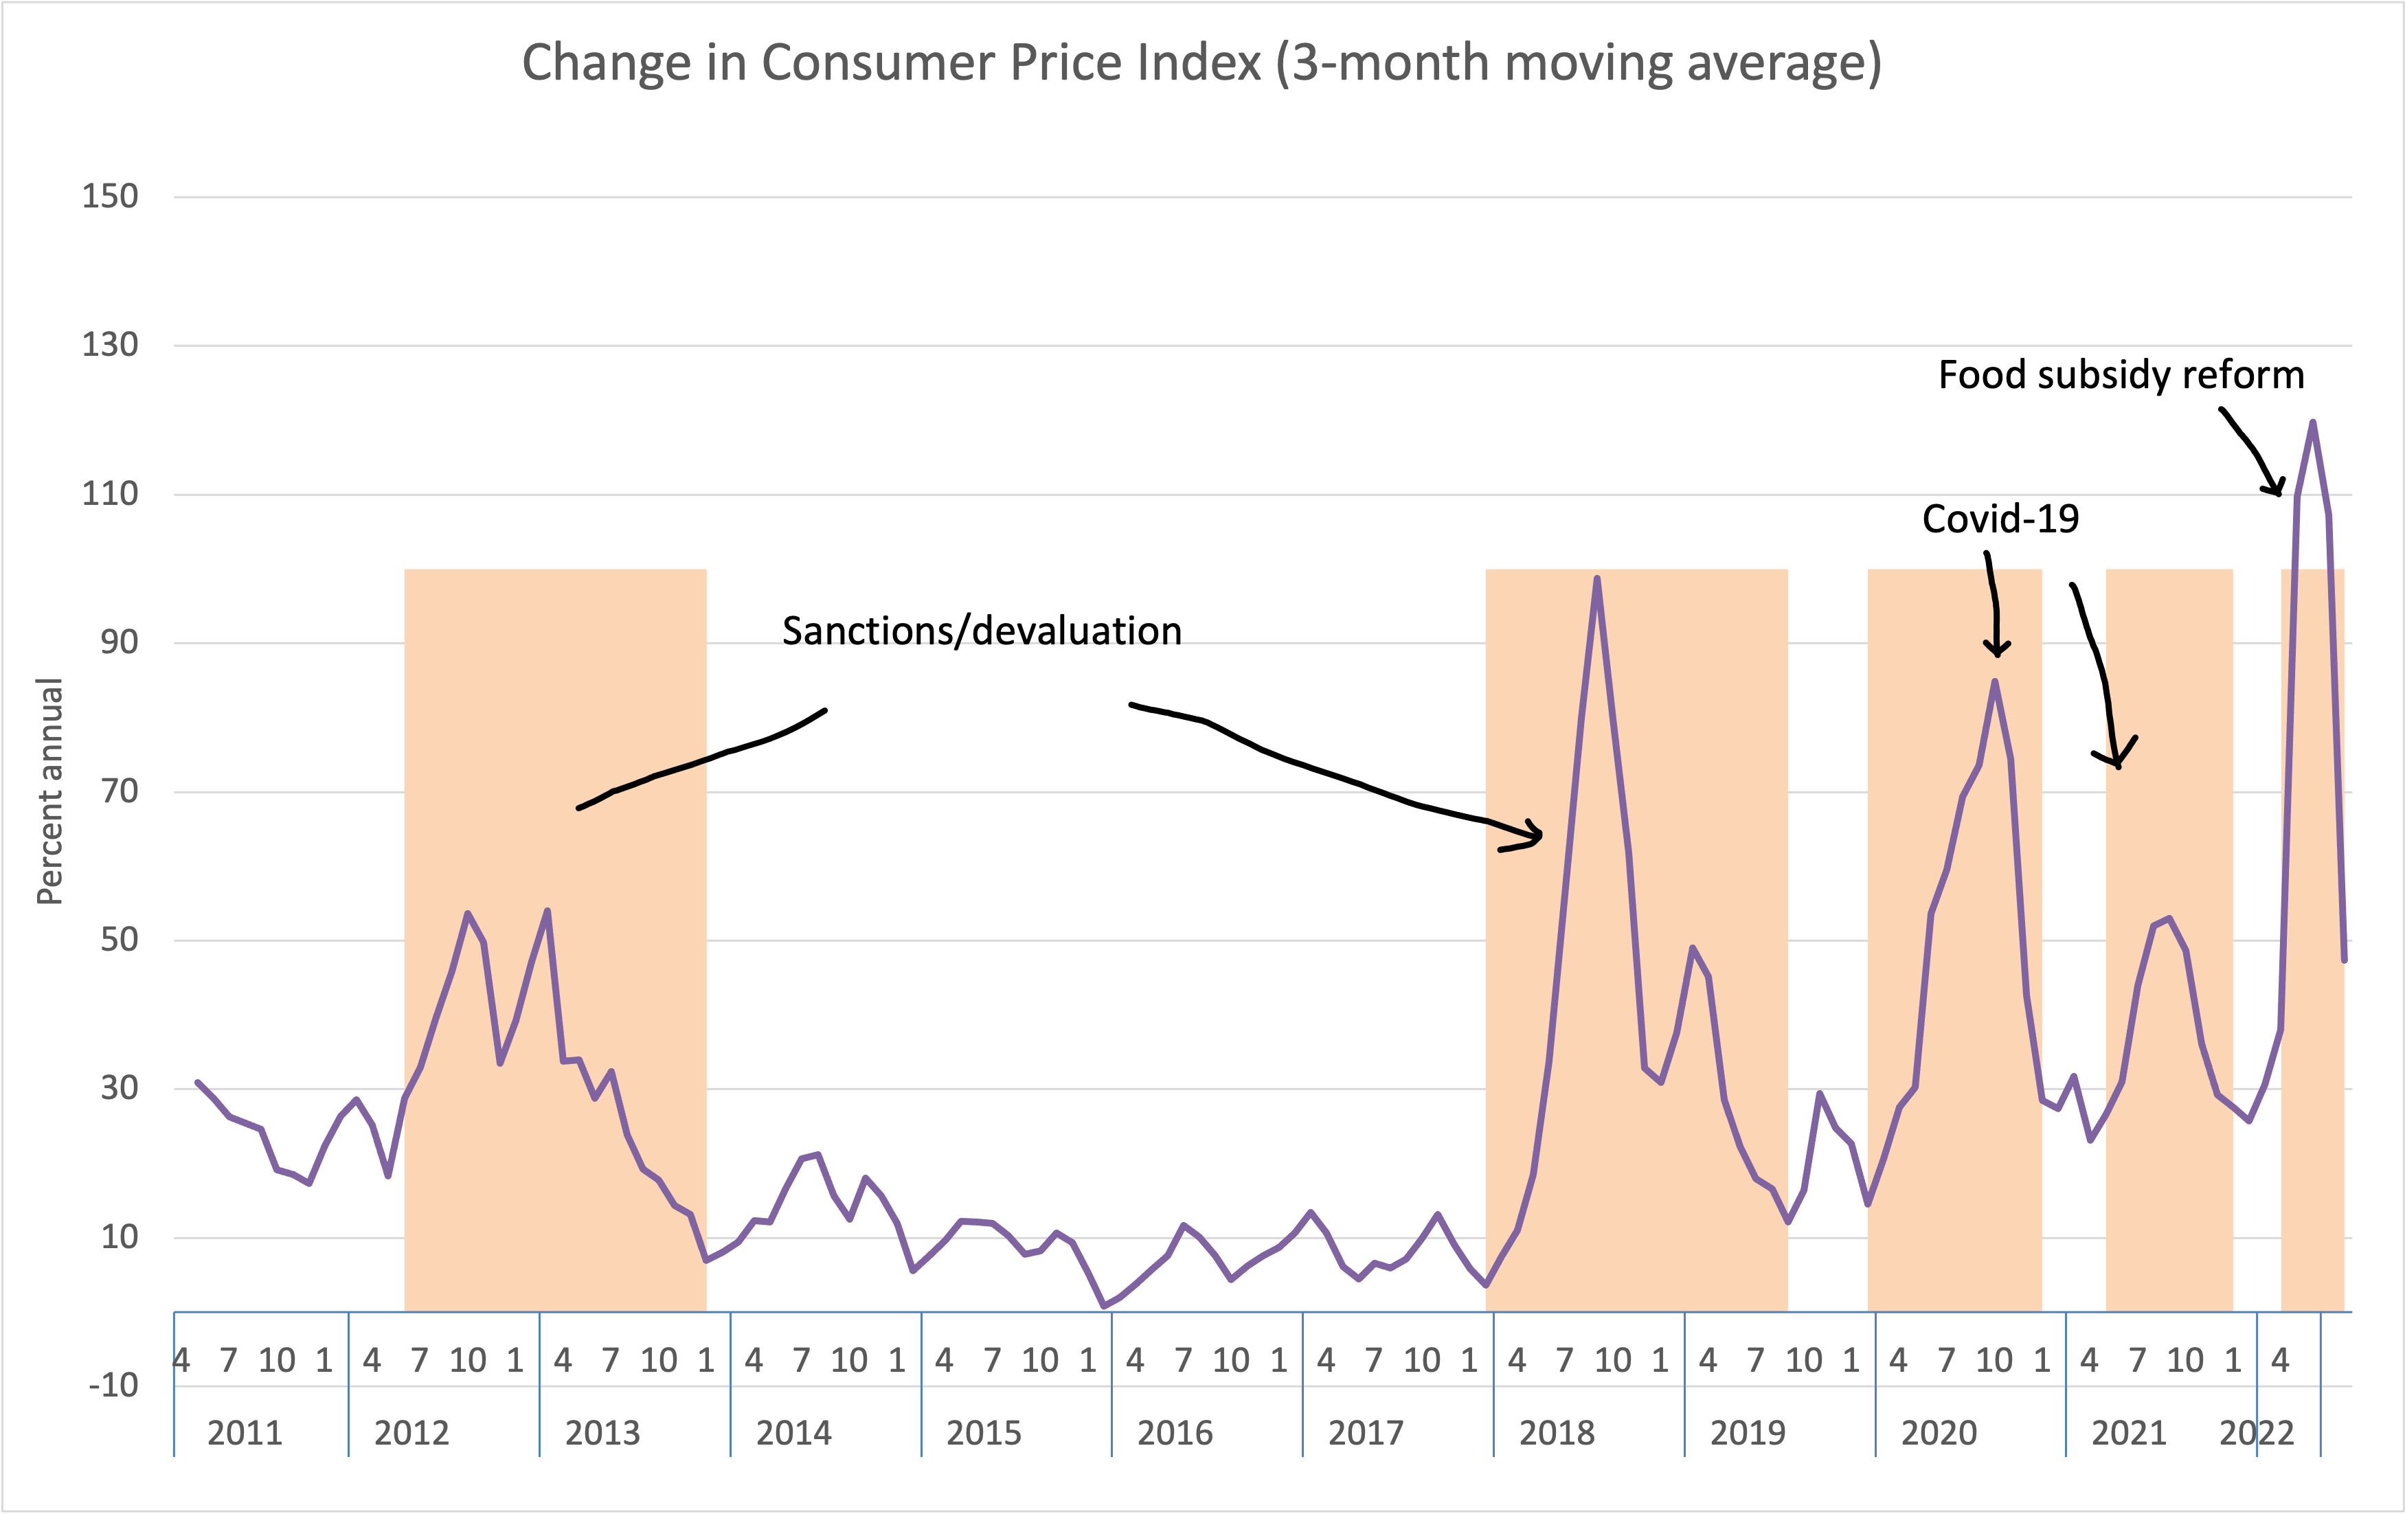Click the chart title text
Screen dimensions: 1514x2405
1201,63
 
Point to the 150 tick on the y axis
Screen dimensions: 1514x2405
110,196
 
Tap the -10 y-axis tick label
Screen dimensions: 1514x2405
113,1385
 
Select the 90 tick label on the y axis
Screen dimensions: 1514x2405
119,642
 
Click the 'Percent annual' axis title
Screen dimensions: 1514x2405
50,791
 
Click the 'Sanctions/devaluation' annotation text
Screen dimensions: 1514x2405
982,631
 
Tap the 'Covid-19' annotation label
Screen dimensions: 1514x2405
2000,519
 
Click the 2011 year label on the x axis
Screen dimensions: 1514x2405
245,1433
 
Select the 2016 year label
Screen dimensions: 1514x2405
1175,1433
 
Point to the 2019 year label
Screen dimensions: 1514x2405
1748,1433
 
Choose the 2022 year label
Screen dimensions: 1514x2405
2256,1433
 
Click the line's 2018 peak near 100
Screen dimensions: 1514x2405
1597,578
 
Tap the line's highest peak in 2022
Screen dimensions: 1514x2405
2313,422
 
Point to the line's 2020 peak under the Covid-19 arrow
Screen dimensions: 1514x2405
1994,682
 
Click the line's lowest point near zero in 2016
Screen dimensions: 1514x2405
1104,1305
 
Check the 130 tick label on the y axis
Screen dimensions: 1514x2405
110,345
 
